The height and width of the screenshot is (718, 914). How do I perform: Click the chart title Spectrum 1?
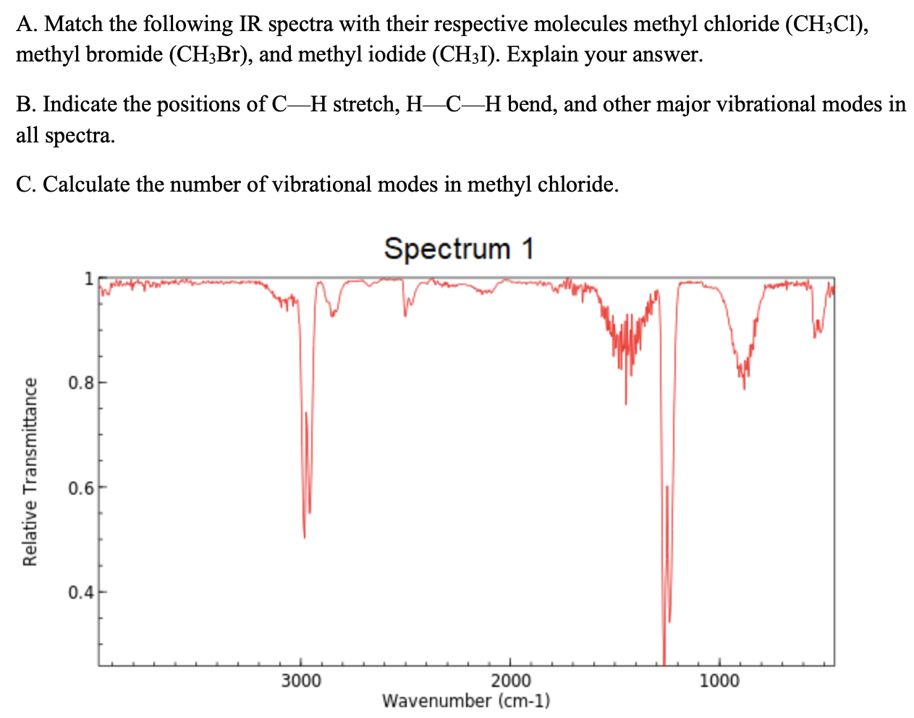(x=459, y=249)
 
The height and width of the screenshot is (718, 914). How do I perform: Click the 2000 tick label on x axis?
(x=510, y=681)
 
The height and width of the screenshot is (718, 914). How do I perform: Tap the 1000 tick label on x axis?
(x=720, y=681)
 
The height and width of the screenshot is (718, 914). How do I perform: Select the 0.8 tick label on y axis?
(x=80, y=382)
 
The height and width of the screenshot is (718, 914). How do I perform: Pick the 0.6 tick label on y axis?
(x=80, y=487)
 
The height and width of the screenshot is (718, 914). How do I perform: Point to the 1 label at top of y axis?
(x=88, y=278)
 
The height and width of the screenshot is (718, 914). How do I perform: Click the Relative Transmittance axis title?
(x=30, y=471)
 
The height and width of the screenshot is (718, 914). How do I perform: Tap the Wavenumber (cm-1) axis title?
(x=465, y=701)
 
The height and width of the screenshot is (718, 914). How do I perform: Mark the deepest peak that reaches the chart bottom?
(x=664, y=662)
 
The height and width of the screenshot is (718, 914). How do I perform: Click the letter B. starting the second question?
(x=26, y=105)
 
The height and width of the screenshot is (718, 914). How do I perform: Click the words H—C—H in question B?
(x=454, y=105)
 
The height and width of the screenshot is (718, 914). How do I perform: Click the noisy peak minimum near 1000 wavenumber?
(x=744, y=387)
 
